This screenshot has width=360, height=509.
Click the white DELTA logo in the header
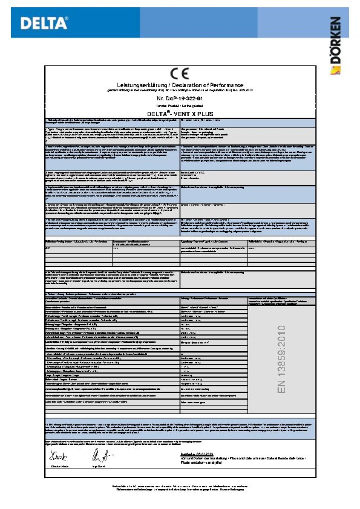click(x=44, y=23)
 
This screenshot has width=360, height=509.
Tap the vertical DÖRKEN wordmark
click(x=336, y=40)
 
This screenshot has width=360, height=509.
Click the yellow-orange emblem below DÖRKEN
click(x=336, y=70)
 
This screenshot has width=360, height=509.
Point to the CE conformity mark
click(x=180, y=74)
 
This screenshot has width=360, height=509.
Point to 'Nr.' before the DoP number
click(x=160, y=98)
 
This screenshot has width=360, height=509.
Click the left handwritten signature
click(x=59, y=456)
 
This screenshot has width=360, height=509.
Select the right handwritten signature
click(x=101, y=456)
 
